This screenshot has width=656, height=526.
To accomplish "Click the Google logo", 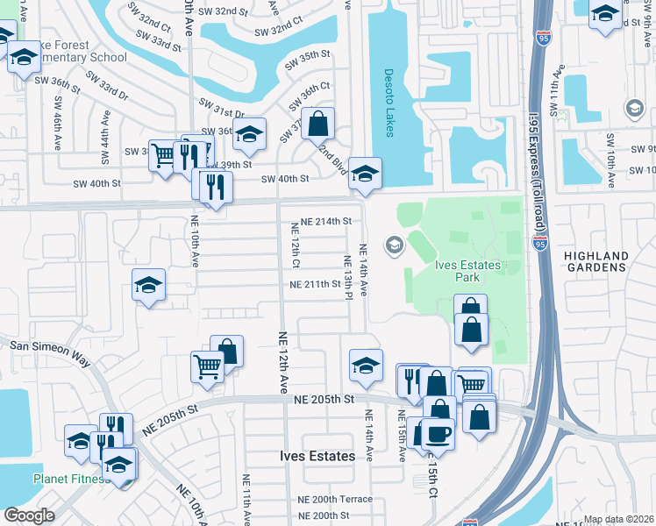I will click(x=28, y=515).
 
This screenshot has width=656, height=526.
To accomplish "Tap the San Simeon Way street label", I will click(x=50, y=347).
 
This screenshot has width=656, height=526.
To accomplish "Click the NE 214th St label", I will click(x=325, y=222).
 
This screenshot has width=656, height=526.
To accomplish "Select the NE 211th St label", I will click(x=315, y=284).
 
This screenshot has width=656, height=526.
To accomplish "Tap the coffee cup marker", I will click(x=438, y=432).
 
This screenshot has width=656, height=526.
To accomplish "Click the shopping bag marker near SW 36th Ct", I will click(x=318, y=122).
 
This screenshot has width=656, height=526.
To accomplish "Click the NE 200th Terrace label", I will click(x=334, y=499).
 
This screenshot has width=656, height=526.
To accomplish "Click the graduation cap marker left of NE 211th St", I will click(x=149, y=285).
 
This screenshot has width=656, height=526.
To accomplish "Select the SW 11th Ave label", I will click(x=553, y=104).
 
